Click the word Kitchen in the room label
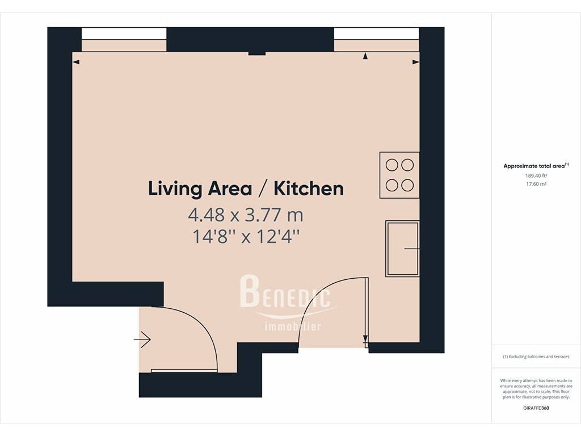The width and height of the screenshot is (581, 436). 308,188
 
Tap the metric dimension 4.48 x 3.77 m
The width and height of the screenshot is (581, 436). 246,215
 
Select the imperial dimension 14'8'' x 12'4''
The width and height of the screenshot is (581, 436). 246,237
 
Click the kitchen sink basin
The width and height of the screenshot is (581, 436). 402,249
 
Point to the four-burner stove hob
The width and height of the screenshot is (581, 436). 399,175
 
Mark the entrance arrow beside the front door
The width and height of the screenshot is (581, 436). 142,339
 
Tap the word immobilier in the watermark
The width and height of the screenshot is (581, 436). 293,326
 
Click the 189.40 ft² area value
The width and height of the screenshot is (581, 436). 536,176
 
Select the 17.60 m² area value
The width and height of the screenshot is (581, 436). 536,184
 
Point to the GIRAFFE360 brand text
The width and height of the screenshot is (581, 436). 536,408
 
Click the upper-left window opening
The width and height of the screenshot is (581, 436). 124,39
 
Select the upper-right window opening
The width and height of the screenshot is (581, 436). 377,39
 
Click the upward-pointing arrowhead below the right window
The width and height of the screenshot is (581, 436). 365,56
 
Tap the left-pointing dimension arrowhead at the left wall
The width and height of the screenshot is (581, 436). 76,62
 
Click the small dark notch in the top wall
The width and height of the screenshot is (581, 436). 257,53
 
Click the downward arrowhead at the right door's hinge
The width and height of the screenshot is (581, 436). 365,338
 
